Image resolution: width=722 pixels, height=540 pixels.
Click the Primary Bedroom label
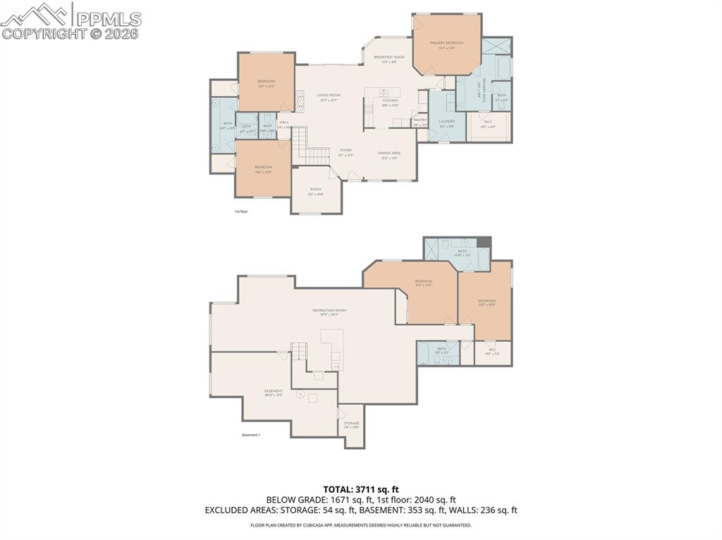(446, 44)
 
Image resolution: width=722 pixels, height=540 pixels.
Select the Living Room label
(328, 96)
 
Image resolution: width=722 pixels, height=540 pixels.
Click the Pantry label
(420, 121)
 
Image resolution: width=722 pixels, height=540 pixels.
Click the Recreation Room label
(329, 311)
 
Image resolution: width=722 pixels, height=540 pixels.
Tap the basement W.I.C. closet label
(492, 351)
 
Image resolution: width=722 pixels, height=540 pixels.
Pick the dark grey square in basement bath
(483, 243)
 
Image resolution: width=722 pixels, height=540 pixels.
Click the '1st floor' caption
(241, 211)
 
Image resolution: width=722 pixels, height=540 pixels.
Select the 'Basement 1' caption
(251, 435)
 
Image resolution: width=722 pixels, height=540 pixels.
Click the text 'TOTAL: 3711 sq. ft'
(360, 489)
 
